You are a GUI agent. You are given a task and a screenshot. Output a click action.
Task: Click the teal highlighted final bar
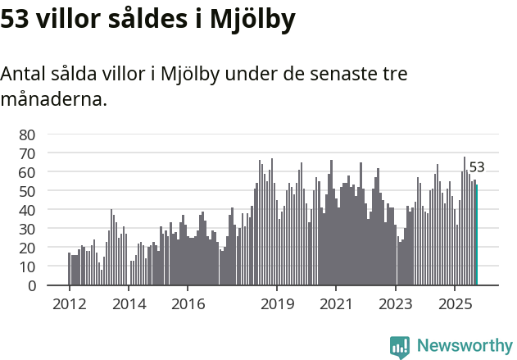[x=477, y=235]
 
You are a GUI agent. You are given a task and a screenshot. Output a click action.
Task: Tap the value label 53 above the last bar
[x=477, y=167]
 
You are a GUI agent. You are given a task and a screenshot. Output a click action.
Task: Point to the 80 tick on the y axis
[x=27, y=134]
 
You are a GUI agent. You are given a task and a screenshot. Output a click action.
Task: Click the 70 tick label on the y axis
[x=27, y=153]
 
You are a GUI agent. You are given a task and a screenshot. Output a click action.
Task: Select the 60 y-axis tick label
[x=27, y=172]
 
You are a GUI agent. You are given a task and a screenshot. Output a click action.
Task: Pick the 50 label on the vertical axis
[x=27, y=191]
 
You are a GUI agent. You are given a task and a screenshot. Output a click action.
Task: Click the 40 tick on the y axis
[x=27, y=210]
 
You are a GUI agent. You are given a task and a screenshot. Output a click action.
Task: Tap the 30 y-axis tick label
[x=27, y=229]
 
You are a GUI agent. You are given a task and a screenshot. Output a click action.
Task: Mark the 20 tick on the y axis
[x=27, y=248]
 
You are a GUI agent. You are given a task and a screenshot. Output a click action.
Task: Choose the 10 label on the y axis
[x=27, y=267]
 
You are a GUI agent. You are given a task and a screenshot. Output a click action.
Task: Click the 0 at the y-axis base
[x=31, y=285]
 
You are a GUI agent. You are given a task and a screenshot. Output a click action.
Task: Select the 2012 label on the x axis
[x=69, y=303]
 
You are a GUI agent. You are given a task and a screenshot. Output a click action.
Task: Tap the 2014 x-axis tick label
[x=129, y=303]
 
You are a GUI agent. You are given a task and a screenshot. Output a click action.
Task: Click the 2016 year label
[x=188, y=303]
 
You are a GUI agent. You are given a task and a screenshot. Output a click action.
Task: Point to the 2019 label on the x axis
[x=277, y=303]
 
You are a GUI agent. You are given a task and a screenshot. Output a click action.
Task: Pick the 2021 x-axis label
[x=336, y=303]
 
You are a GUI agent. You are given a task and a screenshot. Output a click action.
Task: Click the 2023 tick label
[x=396, y=303]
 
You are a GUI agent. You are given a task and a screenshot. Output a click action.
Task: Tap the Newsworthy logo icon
[x=400, y=347]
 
